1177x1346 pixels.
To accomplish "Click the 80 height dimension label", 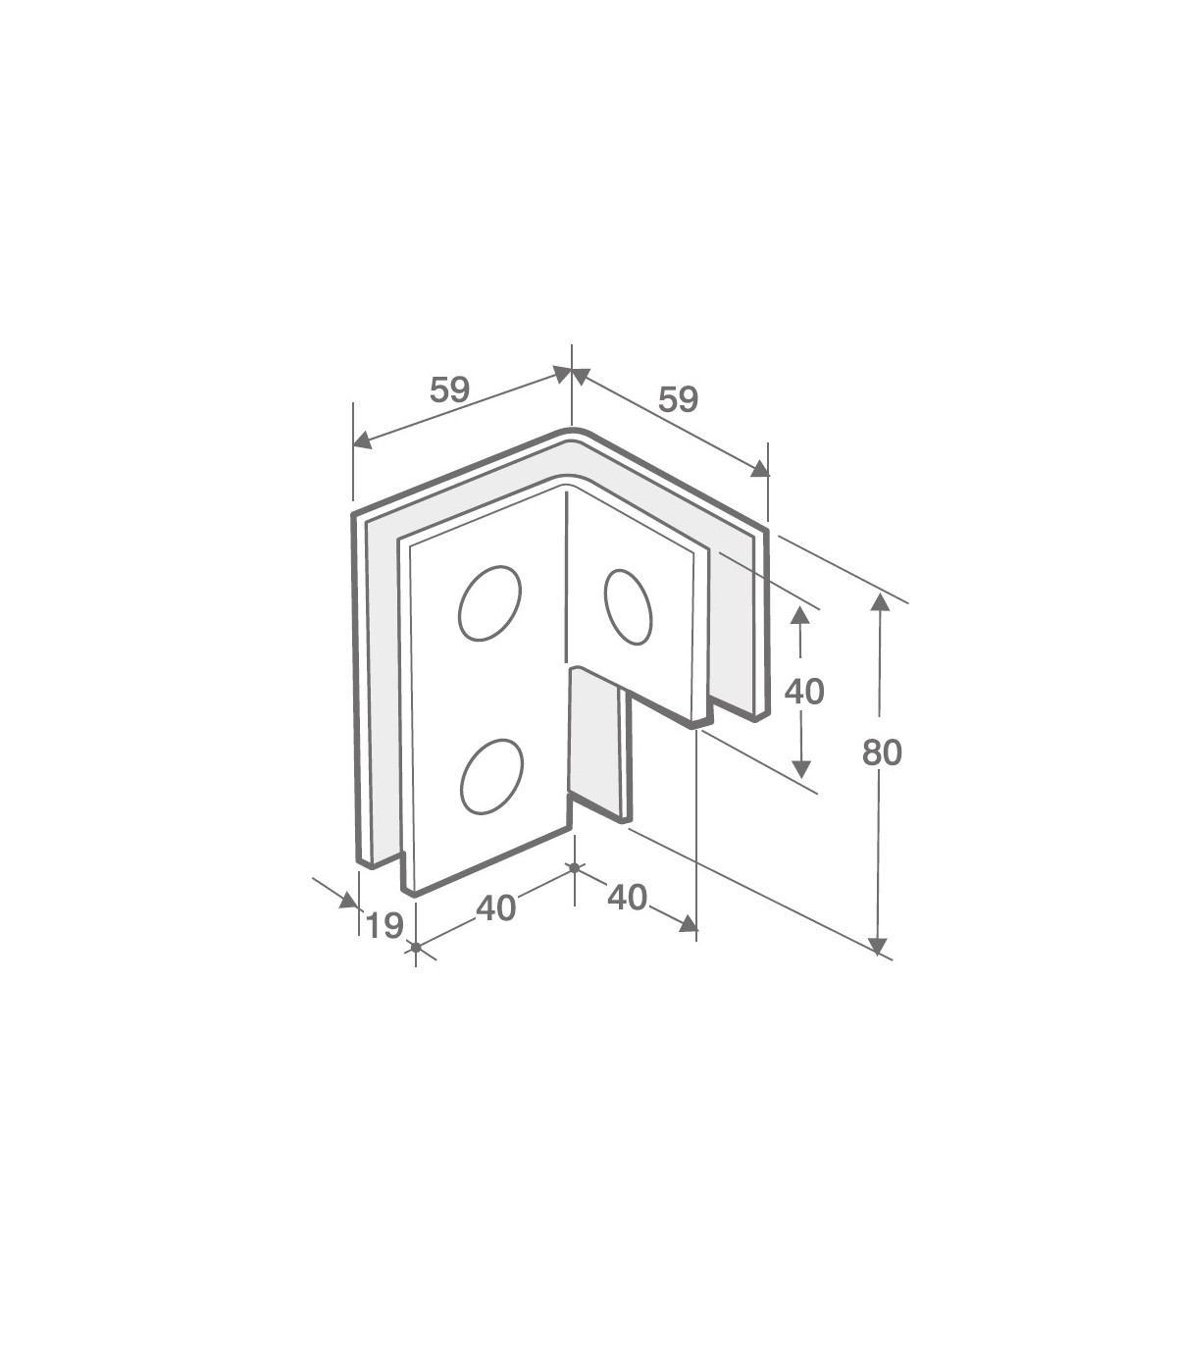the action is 882,752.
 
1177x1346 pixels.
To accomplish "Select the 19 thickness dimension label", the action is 384,926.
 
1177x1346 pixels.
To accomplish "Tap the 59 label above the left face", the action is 450,390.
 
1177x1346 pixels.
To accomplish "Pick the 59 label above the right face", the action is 678,400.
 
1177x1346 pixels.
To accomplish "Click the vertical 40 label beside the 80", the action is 804,692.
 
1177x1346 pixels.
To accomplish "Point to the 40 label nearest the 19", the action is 495,908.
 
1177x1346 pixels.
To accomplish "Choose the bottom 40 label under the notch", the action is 628,898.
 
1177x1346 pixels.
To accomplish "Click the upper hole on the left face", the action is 489,602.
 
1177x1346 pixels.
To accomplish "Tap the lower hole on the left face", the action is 492,776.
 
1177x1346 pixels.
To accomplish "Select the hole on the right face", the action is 628,606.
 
